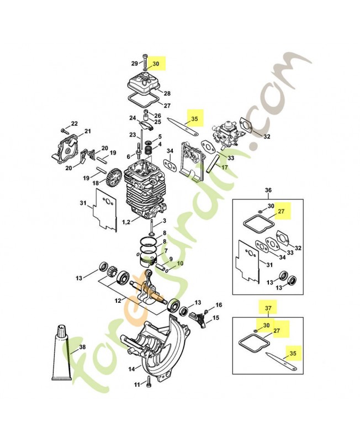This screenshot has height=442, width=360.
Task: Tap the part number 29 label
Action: (135, 64)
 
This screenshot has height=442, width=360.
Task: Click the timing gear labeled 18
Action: (114, 176)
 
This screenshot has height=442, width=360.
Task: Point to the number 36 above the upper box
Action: (268, 190)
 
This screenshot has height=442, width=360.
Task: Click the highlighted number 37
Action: (268, 308)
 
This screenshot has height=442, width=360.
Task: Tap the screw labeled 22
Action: (65, 130)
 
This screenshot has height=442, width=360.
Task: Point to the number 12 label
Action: (118, 301)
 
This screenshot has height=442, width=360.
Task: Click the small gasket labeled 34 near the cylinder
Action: (170, 165)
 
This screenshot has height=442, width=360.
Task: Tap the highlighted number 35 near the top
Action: (195, 119)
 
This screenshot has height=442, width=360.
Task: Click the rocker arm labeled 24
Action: (146, 125)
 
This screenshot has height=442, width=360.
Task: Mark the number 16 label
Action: (219, 305)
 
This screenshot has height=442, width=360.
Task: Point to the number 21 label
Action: (88, 131)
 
